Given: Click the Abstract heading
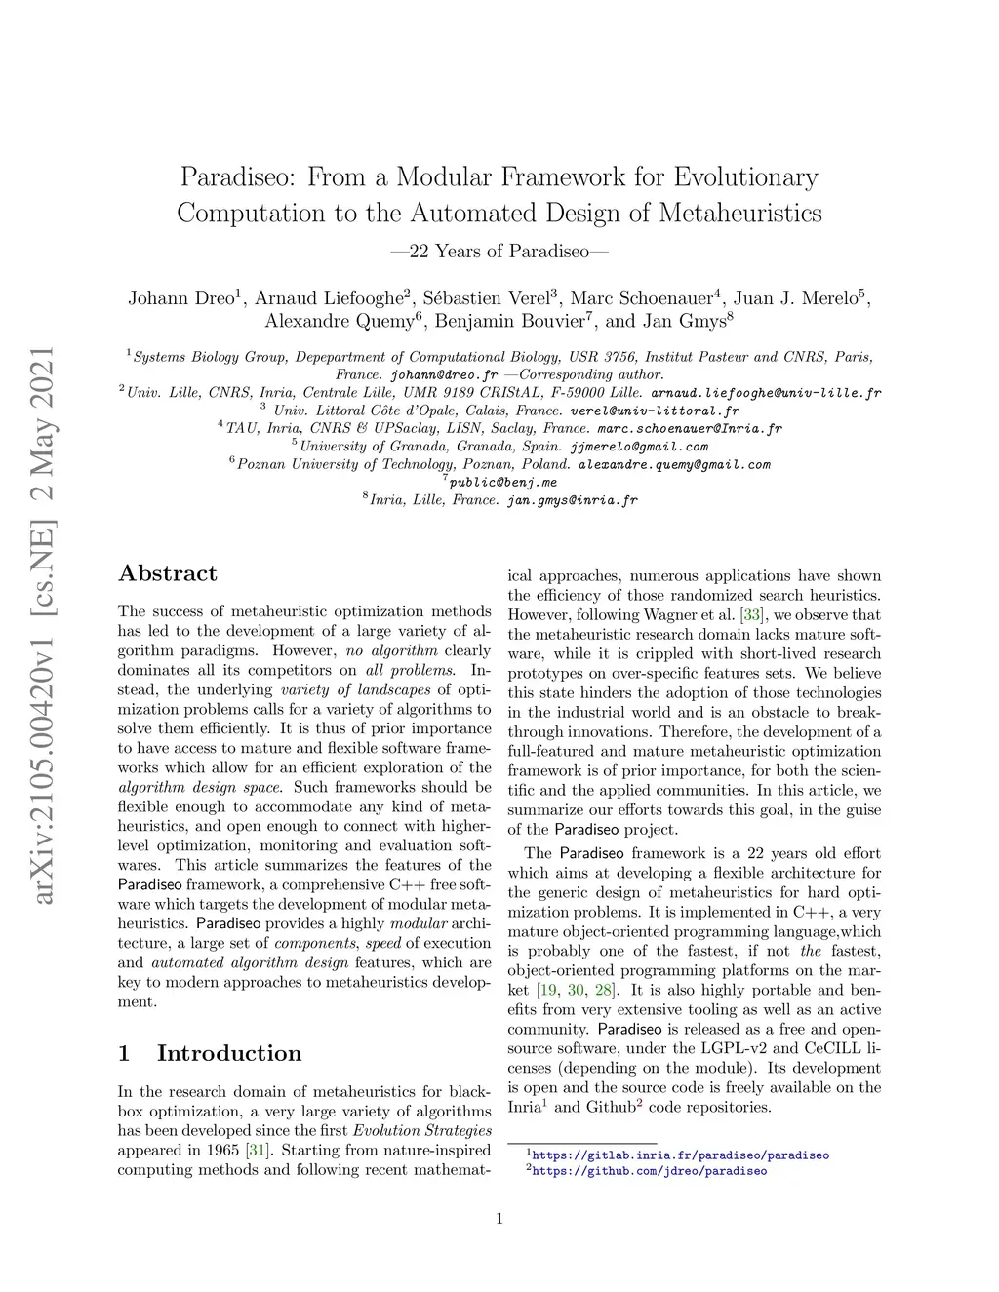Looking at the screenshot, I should point(167,573).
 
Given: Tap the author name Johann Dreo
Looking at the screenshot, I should point(180,298).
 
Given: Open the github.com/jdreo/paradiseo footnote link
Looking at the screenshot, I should point(650,1171).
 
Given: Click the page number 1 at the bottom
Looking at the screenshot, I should point(499,1218).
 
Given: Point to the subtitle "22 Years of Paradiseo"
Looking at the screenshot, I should point(499,252).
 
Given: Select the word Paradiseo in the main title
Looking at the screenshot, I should point(240,177).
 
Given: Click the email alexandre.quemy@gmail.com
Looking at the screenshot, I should point(674,464).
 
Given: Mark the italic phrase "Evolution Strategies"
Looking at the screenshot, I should point(421,1130).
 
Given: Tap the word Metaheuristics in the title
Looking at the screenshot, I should point(740,213).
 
